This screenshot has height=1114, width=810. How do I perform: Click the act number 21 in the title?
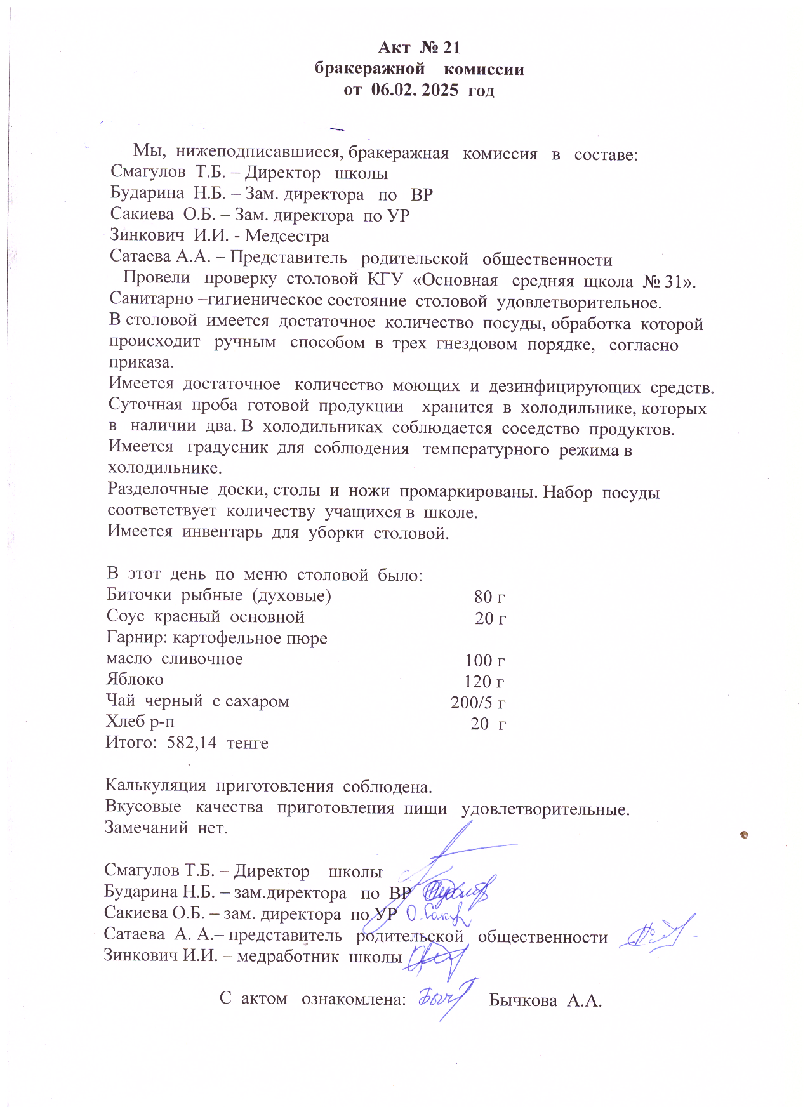tap(450, 48)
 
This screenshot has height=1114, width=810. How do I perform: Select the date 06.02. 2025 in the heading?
tap(415, 90)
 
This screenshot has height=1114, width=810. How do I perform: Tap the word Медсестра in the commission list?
tap(287, 237)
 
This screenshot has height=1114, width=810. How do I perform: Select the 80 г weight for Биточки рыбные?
tap(489, 597)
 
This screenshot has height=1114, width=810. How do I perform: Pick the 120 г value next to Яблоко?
tap(484, 682)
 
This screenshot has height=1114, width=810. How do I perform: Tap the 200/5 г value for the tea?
tap(478, 703)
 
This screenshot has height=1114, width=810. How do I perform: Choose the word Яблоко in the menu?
tap(135, 680)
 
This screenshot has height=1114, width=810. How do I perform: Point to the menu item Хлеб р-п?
tap(140, 722)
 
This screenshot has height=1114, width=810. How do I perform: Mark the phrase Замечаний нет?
tap(166, 828)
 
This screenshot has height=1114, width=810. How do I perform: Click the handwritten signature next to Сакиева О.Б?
tap(438, 914)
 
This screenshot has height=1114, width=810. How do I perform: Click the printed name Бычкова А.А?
tap(545, 1001)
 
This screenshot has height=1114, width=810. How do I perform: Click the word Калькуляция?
tap(156, 786)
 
